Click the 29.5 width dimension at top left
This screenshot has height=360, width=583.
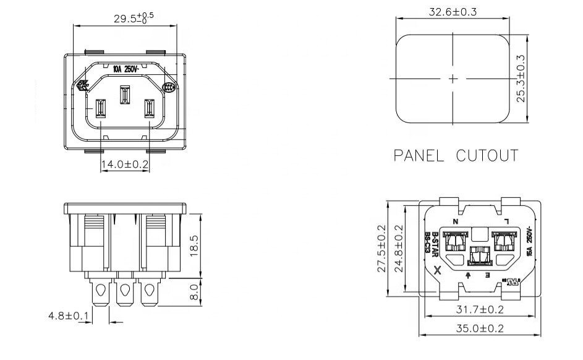point(133,17)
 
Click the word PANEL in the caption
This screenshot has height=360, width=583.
point(419,155)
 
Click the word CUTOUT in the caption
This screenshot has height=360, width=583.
point(487,155)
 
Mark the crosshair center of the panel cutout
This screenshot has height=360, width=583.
point(453,79)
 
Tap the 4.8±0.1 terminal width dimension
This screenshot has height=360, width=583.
point(69,315)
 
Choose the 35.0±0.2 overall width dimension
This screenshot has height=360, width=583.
point(480,328)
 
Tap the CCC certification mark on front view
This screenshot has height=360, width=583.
point(169,88)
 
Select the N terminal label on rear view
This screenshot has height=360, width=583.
point(456,221)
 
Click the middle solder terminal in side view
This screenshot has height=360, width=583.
point(126,291)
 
